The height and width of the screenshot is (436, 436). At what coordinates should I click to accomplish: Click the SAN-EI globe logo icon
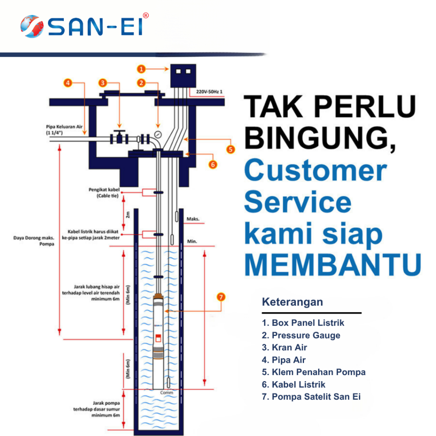pyautogui.click(x=31, y=26)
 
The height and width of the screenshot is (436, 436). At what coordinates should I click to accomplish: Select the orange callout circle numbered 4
pyautogui.click(x=68, y=83)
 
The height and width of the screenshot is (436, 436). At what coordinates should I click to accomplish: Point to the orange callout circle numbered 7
pyautogui.click(x=221, y=297)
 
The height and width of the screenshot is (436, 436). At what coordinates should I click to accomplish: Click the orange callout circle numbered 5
pyautogui.click(x=230, y=149)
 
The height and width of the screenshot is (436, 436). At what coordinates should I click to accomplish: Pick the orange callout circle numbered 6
pyautogui.click(x=213, y=164)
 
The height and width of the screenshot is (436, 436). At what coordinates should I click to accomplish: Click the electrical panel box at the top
pyautogui.click(x=183, y=77)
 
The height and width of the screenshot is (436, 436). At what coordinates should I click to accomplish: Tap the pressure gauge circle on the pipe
pyautogui.click(x=158, y=135)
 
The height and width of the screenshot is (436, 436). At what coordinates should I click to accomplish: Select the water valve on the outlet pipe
pyautogui.click(x=120, y=138)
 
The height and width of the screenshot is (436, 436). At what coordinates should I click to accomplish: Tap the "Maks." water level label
pyautogui.click(x=193, y=220)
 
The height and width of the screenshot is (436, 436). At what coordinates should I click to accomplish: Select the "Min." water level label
pyautogui.click(x=192, y=241)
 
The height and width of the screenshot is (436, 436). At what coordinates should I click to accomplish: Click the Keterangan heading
pyautogui.click(x=292, y=302)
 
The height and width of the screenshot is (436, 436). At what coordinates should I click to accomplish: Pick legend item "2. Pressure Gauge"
pyautogui.click(x=301, y=336)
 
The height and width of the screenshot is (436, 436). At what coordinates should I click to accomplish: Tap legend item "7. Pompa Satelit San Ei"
pyautogui.click(x=311, y=397)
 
